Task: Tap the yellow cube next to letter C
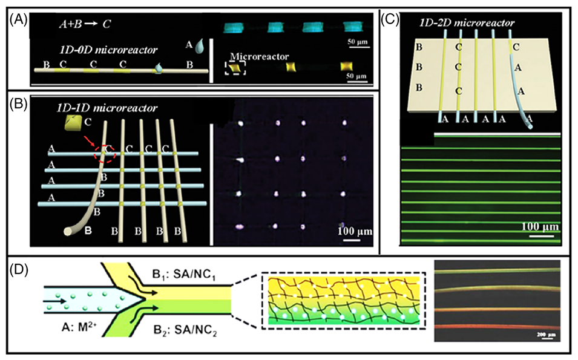point(71,125)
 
